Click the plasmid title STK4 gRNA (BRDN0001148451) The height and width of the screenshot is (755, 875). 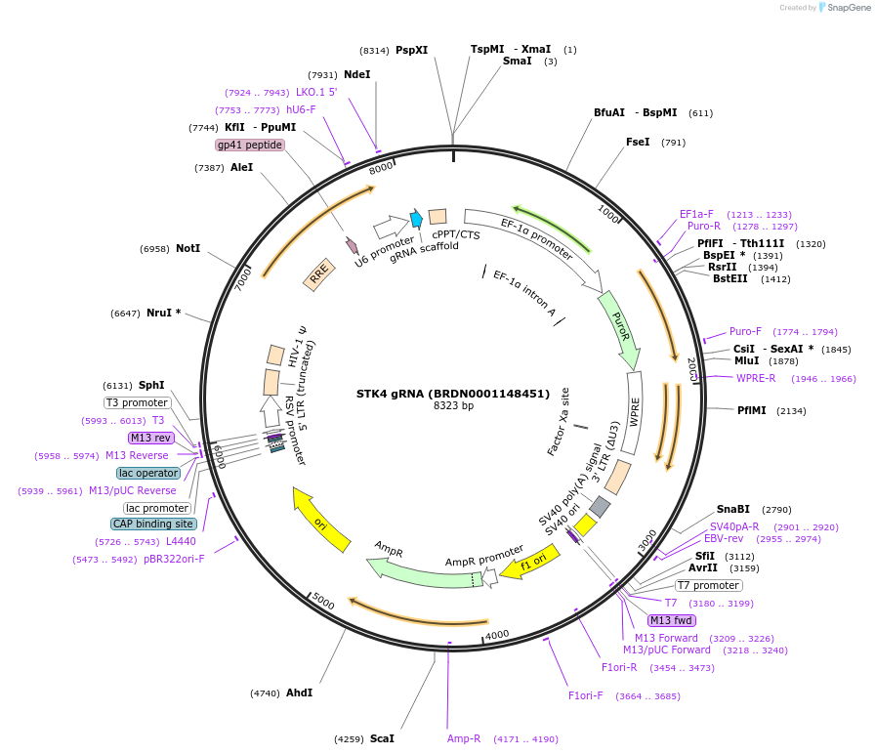(x=453, y=394)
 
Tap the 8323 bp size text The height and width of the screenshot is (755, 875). (x=453, y=406)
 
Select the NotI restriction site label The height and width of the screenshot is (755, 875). (x=187, y=249)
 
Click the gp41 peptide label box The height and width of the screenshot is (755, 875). (x=250, y=146)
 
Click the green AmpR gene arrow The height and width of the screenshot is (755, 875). (x=420, y=572)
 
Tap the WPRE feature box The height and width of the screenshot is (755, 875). (x=635, y=412)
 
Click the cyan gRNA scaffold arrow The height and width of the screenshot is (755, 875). (x=417, y=219)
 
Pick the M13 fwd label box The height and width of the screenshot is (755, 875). (x=672, y=620)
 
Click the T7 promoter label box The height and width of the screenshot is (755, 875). (x=709, y=585)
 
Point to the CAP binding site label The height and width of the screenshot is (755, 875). (x=153, y=524)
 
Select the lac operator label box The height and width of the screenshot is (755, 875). (x=148, y=473)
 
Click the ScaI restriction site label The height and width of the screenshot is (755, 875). (x=382, y=738)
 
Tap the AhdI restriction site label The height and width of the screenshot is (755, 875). (x=299, y=692)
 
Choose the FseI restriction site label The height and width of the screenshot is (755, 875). (x=638, y=142)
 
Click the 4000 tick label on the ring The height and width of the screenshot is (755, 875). (x=497, y=635)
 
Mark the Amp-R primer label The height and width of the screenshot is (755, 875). (x=464, y=738)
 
